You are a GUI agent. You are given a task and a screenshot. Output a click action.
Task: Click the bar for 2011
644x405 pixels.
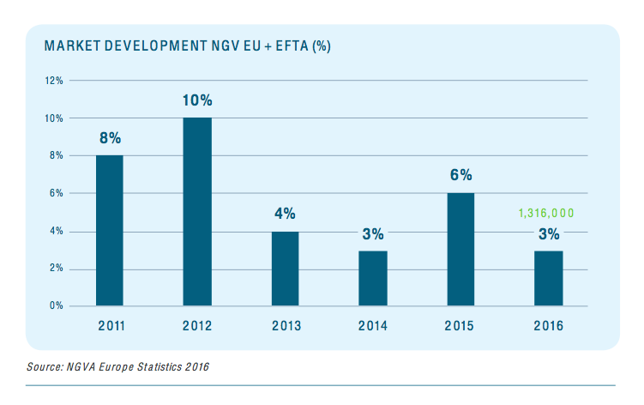[x=109, y=230]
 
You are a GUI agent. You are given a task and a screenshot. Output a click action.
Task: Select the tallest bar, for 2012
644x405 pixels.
[x=197, y=211]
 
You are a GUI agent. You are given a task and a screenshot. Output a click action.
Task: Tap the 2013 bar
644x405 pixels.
[x=285, y=268]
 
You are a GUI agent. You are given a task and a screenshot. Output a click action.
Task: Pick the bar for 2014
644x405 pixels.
[x=372, y=278]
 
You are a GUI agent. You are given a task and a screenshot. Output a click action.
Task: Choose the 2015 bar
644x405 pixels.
[x=460, y=249]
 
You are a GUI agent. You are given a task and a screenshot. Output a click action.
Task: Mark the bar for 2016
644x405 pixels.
[x=547, y=278]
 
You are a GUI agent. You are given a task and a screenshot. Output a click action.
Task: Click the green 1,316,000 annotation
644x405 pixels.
[x=546, y=213]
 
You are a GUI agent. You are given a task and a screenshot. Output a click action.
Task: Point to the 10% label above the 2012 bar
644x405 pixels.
[x=197, y=100]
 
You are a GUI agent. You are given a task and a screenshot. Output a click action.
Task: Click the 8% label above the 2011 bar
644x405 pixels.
[x=109, y=138]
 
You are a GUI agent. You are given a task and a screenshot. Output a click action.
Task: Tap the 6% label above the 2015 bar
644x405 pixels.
[x=460, y=175]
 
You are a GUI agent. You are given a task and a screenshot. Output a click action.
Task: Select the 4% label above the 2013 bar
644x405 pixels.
[x=285, y=214]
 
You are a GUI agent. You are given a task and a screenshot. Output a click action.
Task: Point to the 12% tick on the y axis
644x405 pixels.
[x=54, y=81]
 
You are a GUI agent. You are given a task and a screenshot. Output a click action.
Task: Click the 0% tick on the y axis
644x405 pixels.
[x=56, y=305]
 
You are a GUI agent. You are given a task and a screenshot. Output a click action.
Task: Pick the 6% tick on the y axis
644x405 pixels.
[x=56, y=193]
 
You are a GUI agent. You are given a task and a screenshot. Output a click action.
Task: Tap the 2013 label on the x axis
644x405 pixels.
[x=285, y=326]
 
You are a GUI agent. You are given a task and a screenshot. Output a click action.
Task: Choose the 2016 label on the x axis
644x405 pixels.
[x=547, y=326]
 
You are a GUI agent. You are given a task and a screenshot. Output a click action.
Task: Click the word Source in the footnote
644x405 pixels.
[x=44, y=367]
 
